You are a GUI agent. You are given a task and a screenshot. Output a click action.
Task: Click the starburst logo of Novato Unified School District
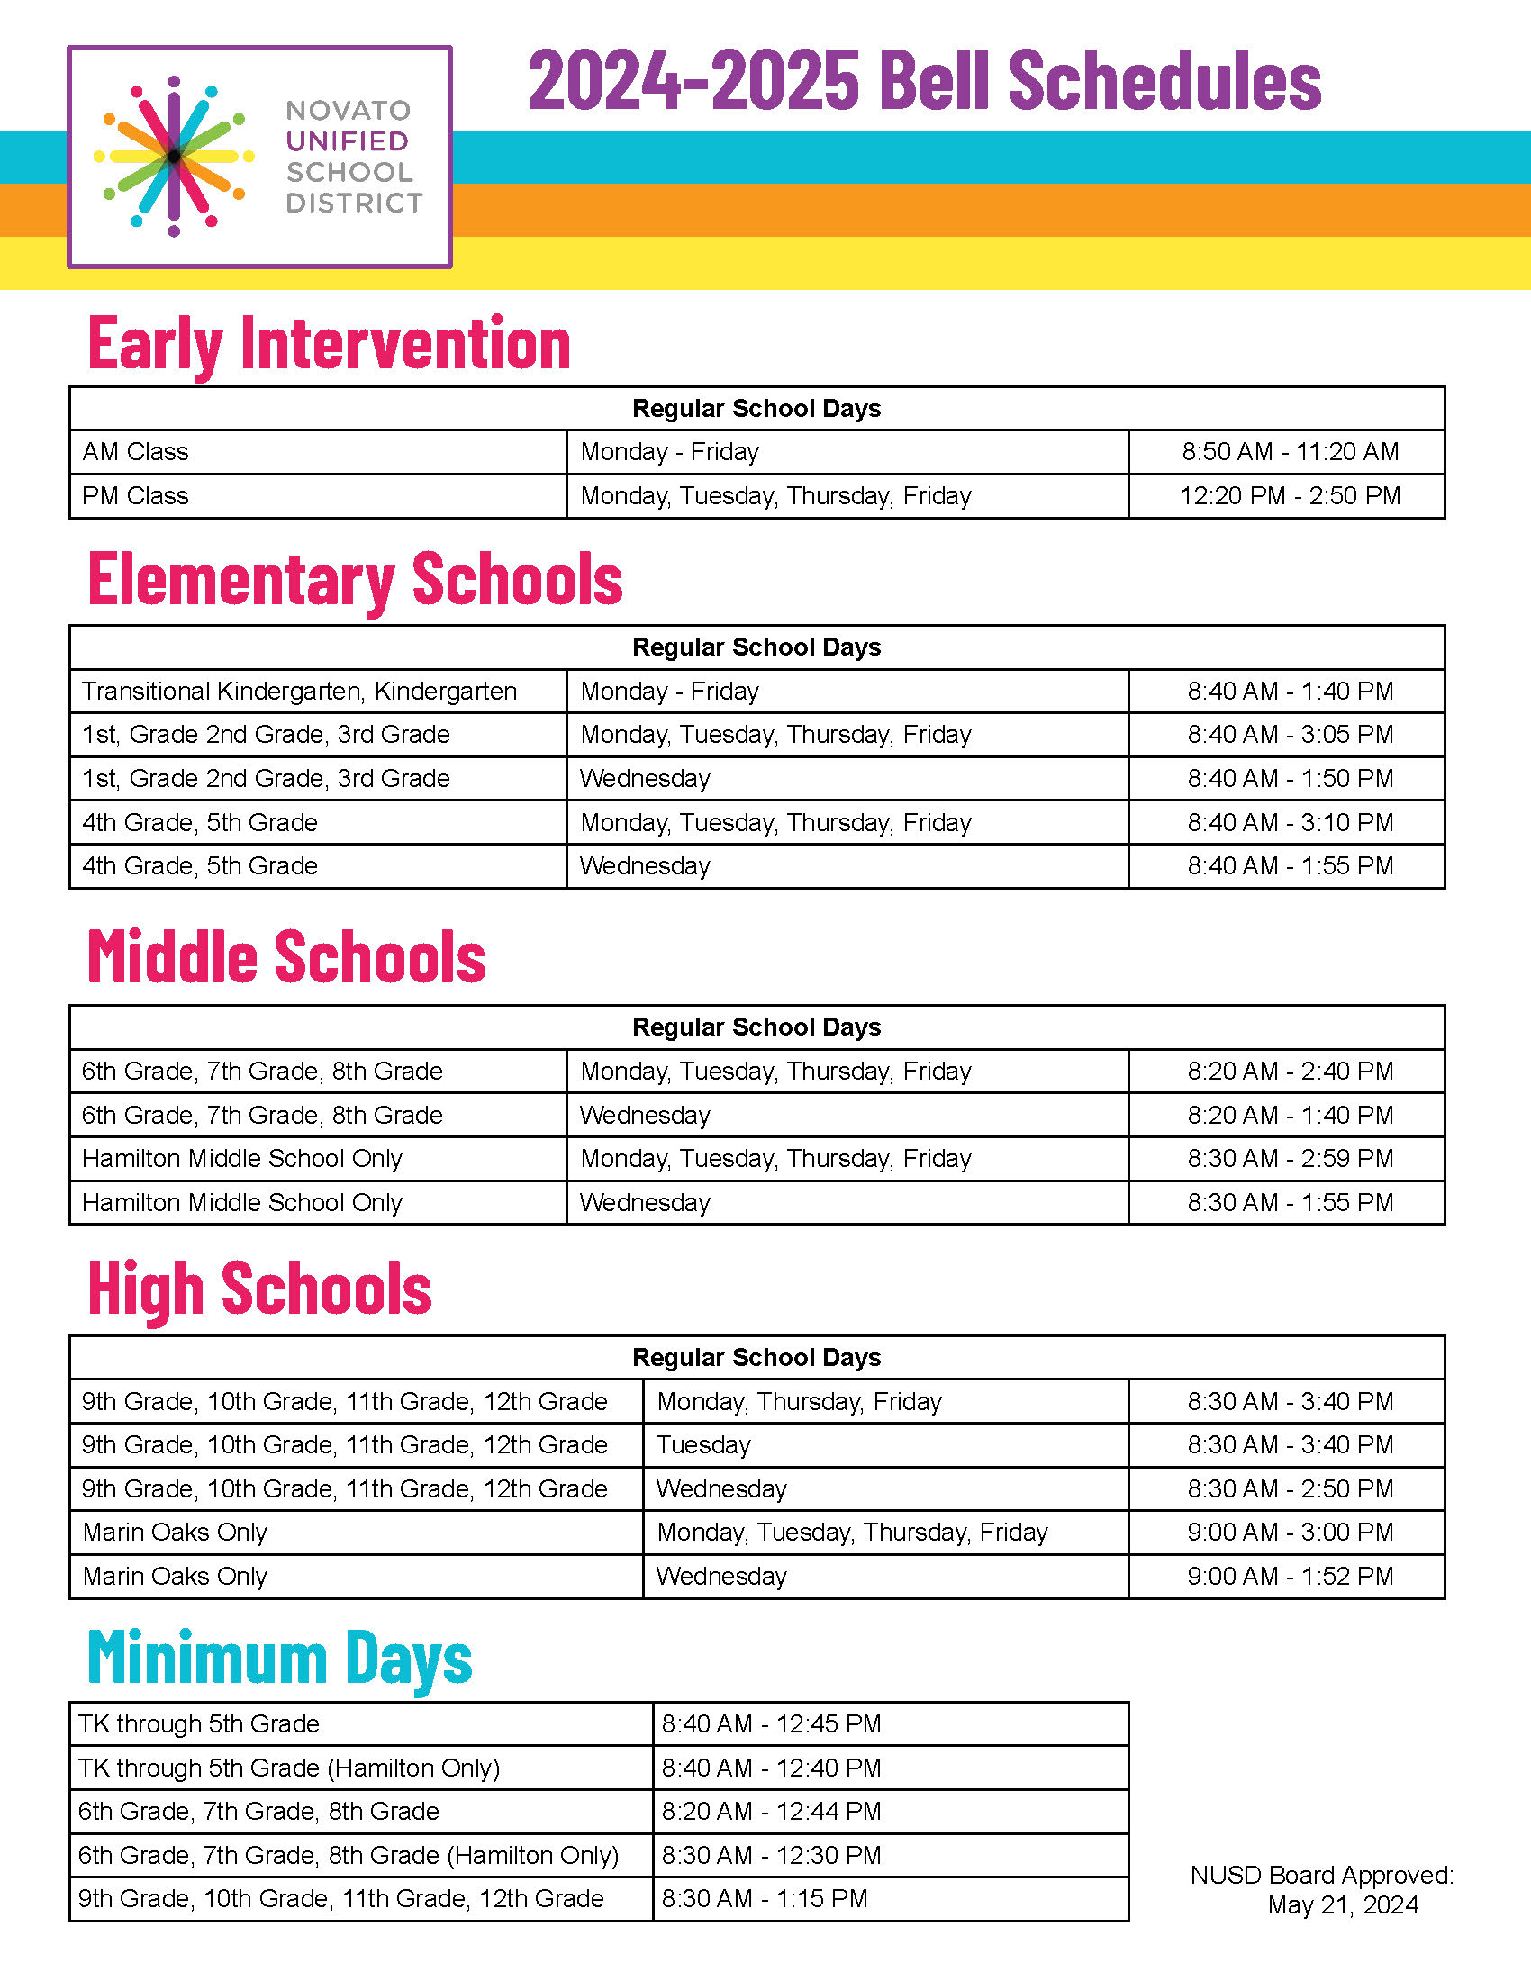pyautogui.click(x=174, y=157)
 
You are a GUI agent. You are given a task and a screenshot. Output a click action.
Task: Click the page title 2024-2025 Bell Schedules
pyautogui.click(x=924, y=82)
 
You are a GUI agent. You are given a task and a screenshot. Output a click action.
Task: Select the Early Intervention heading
pyautogui.click(x=330, y=344)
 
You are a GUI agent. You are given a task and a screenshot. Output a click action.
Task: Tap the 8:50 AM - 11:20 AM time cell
pyautogui.click(x=1290, y=452)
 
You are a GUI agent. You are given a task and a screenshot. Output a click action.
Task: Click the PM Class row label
pyautogui.click(x=136, y=496)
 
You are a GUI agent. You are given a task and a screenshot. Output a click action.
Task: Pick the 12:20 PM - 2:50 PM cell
pyautogui.click(x=1290, y=496)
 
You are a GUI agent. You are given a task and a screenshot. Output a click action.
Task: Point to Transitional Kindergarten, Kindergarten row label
pyautogui.click(x=299, y=692)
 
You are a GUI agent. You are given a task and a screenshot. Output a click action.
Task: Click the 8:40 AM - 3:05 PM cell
pyautogui.click(x=1290, y=735)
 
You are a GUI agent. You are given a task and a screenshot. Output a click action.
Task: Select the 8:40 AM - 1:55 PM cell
pyautogui.click(x=1290, y=866)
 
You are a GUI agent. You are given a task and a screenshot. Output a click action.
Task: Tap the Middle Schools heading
pyautogui.click(x=286, y=957)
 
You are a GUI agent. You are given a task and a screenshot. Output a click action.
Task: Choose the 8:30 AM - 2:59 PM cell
pyautogui.click(x=1290, y=1158)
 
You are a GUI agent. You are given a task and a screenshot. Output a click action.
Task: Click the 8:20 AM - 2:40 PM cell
pyautogui.click(x=1290, y=1072)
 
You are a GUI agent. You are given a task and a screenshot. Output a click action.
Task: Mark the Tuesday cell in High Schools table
pyautogui.click(x=704, y=1445)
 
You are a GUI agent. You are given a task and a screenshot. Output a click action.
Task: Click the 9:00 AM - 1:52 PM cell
pyautogui.click(x=1290, y=1577)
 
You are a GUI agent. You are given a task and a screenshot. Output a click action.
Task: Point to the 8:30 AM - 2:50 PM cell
pyautogui.click(x=1290, y=1489)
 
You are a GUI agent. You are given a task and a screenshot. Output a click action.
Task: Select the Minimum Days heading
pyautogui.click(x=280, y=1658)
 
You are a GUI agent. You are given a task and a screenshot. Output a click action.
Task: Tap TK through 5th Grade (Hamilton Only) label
pyautogui.click(x=289, y=1768)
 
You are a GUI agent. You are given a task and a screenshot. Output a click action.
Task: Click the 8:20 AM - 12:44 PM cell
pyautogui.click(x=772, y=1812)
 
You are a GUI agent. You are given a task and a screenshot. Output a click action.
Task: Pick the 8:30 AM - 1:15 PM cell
pyautogui.click(x=765, y=1898)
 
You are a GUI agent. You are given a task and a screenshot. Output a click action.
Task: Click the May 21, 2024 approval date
pyautogui.click(x=1343, y=1904)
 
